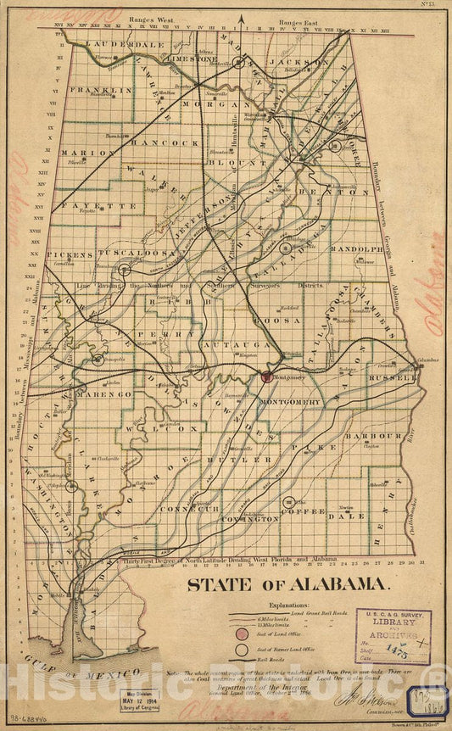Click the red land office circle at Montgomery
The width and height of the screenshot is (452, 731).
(265, 377)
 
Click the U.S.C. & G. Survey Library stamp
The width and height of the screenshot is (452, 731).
(392, 635)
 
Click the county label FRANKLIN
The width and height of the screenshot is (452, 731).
(100, 89)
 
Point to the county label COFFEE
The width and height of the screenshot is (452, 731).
(303, 511)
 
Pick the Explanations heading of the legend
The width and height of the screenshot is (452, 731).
(278, 607)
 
